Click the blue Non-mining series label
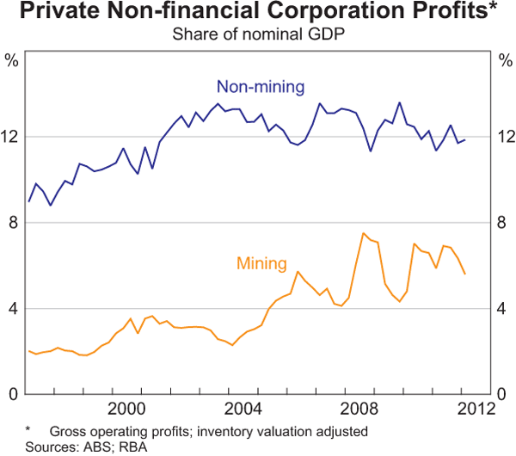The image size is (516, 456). click(x=261, y=87)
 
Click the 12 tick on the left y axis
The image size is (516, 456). click(x=13, y=137)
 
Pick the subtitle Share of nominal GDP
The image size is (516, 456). click(x=258, y=34)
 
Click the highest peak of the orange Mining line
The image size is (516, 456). click(x=364, y=233)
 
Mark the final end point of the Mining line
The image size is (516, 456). click(x=465, y=274)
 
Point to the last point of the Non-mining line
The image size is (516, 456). click(x=465, y=139)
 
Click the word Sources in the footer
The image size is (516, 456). click(x=28, y=446)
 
